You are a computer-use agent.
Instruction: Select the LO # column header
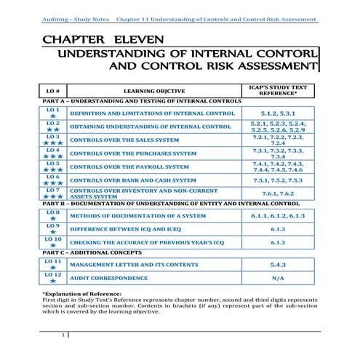(x=52, y=91)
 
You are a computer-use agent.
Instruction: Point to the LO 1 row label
(x=52, y=113)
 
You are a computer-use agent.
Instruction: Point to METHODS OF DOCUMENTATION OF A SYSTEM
(x=138, y=216)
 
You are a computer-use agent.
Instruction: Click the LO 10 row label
(x=52, y=242)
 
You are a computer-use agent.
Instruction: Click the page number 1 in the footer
(x=64, y=335)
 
